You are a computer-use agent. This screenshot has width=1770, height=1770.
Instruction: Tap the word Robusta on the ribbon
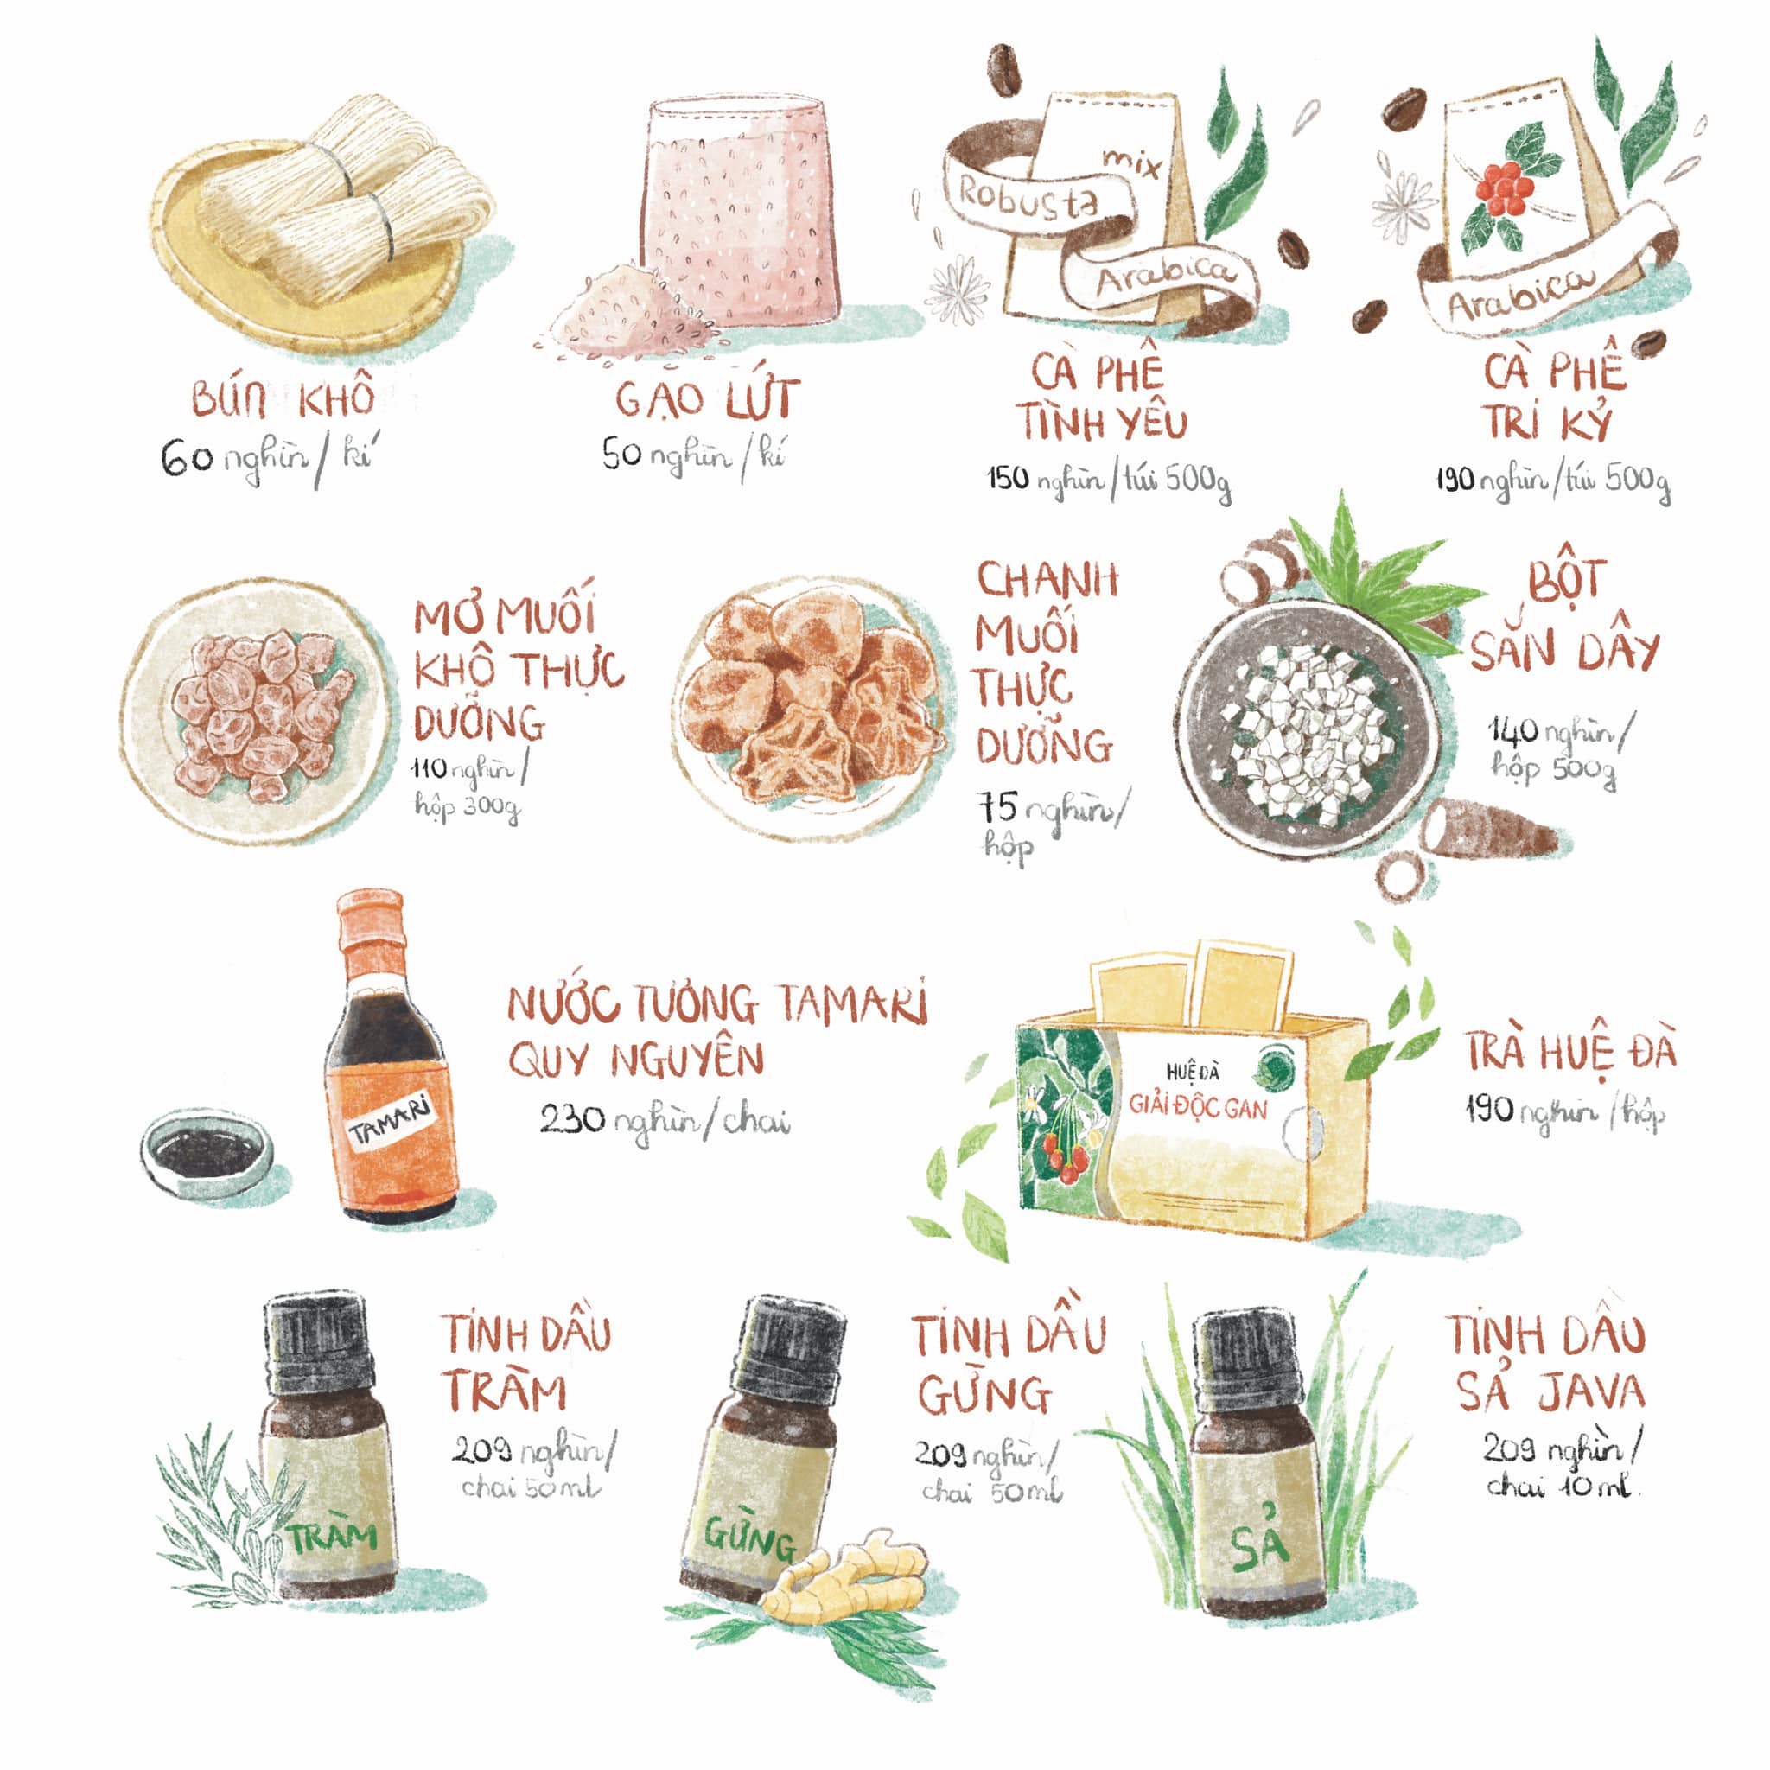click(1027, 199)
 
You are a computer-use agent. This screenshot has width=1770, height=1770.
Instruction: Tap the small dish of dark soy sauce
click(207, 1150)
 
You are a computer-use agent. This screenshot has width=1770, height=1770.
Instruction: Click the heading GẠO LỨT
click(706, 398)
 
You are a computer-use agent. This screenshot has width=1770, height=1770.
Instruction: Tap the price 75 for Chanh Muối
click(998, 807)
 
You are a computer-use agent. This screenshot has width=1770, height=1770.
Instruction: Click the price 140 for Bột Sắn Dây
click(1512, 730)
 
